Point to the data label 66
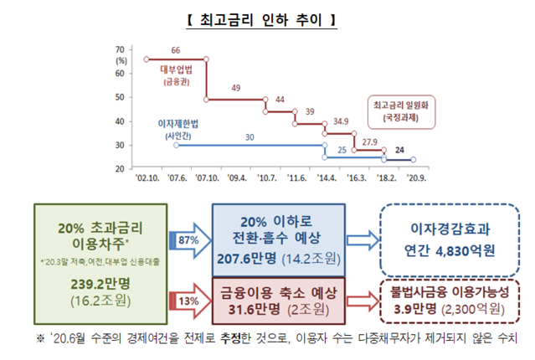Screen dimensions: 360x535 click(175, 50)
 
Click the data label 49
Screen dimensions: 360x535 click(236, 88)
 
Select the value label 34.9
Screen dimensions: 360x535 click(341, 121)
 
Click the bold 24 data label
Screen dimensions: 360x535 click(400, 150)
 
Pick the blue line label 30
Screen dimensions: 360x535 click(249, 136)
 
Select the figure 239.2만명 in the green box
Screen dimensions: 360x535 click(100, 284)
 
